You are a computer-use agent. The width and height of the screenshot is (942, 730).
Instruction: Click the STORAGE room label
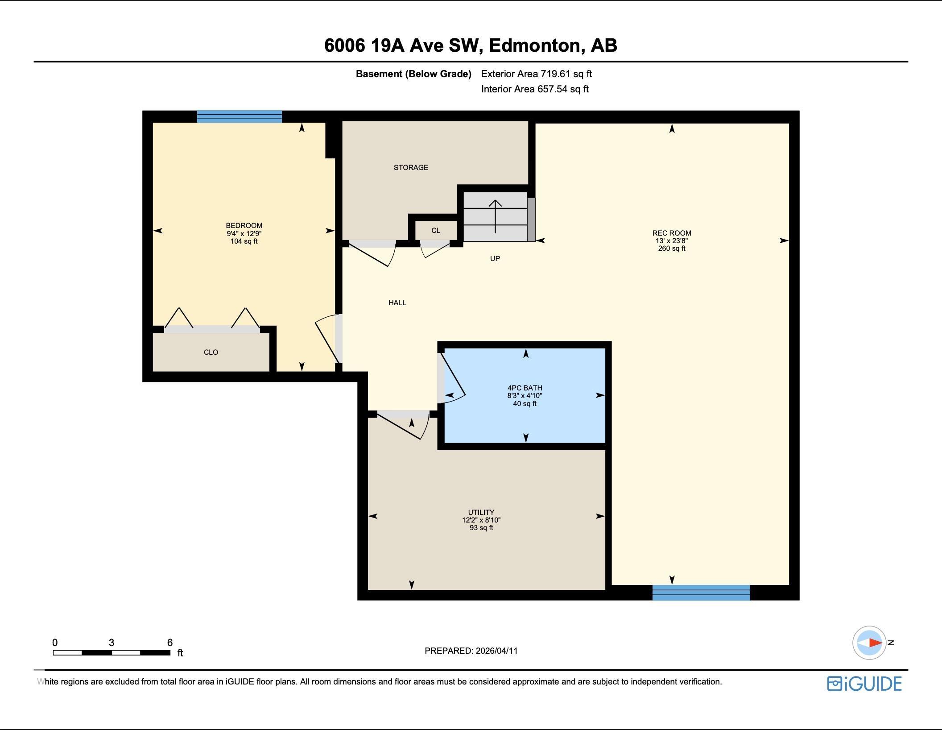411,167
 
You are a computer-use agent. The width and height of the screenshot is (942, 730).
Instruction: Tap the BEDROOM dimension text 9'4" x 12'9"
244,233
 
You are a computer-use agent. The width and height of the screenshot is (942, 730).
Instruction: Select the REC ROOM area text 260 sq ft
672,248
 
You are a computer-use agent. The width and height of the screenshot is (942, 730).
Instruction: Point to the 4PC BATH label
525,388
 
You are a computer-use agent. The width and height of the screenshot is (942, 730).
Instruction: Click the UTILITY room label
481,512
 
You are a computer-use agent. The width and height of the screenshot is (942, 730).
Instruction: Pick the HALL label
397,303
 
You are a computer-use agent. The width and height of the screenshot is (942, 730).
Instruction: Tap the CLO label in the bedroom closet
211,352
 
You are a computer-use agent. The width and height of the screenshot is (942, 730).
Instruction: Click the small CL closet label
436,230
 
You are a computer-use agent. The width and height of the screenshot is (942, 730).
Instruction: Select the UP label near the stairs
495,258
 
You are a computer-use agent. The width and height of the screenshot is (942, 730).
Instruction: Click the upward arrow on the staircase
495,216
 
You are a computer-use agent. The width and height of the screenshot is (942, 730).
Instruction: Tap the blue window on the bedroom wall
240,116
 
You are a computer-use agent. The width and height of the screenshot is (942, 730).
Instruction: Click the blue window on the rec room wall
701,593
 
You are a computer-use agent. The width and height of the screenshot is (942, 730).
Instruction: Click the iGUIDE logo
864,684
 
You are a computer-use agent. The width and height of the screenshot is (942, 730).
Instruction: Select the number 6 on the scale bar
170,643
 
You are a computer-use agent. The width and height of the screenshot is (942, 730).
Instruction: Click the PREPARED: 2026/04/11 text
471,651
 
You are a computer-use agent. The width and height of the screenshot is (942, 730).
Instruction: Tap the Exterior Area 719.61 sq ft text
537,74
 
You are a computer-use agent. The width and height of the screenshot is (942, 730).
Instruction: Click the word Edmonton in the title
537,46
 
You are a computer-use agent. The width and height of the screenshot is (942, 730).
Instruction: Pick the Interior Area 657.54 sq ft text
535,89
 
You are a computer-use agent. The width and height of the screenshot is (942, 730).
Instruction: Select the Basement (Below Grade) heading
413,74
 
